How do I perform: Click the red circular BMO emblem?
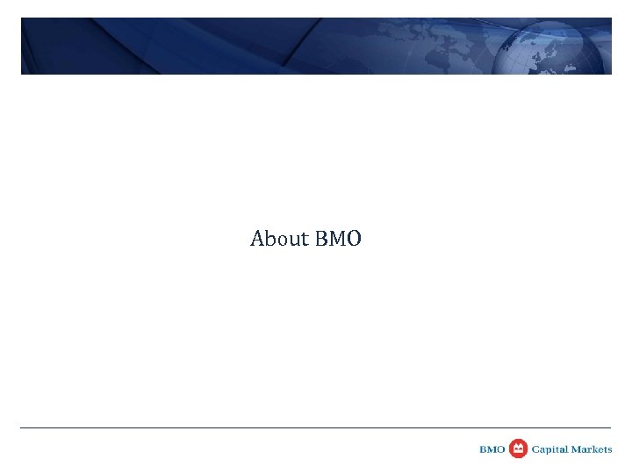point(518,449)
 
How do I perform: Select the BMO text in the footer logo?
point(492,449)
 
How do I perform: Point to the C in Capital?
point(534,449)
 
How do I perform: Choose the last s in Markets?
point(610,450)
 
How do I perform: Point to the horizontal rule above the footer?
point(316,428)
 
